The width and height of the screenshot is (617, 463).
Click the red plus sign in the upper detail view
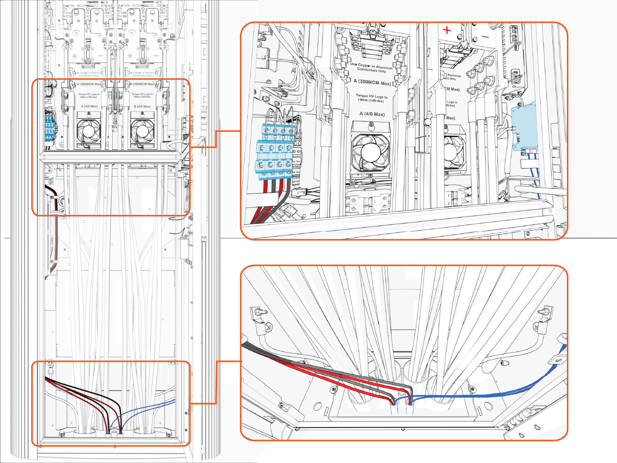[x=447, y=30]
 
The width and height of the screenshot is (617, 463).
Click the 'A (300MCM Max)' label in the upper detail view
[x=372, y=82]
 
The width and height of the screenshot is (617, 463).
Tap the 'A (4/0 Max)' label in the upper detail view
[x=372, y=114]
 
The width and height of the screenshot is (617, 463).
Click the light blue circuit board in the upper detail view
[x=525, y=125]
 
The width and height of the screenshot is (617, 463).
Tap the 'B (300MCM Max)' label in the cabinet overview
[x=142, y=84]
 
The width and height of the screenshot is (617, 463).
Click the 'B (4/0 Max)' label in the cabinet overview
[x=142, y=106]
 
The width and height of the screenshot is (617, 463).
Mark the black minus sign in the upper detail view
[x=485, y=37]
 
